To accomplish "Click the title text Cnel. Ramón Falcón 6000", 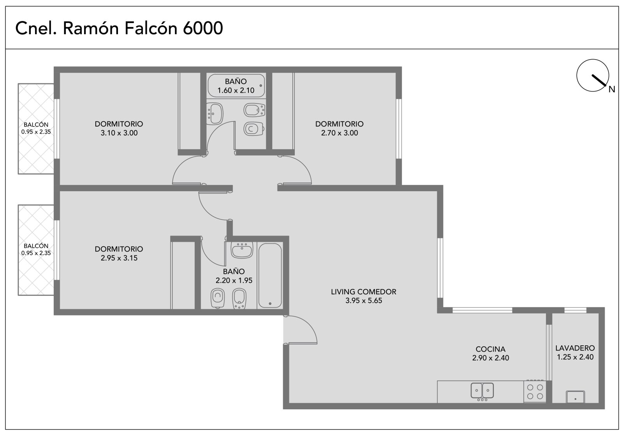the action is click(119, 28).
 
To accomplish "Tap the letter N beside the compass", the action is click(612, 90).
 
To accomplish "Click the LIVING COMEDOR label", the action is click(364, 292).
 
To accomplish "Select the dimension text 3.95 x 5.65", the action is click(364, 301).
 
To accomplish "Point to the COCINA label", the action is click(490, 349).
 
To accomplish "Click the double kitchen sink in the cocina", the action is click(482, 391).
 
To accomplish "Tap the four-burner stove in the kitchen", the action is click(535, 392).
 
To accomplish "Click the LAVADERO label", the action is click(575, 348).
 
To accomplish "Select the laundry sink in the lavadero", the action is click(575, 397).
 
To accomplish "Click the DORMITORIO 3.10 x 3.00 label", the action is click(119, 128).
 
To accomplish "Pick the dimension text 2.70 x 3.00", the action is click(339, 133).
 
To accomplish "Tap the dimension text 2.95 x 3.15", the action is click(119, 258).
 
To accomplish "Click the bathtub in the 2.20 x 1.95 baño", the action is click(270, 275).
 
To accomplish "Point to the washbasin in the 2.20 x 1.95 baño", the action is click(242, 250).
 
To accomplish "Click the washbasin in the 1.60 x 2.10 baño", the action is click(215, 113).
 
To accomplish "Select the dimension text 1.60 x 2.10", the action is click(236, 90).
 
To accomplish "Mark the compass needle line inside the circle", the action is click(599, 80).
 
